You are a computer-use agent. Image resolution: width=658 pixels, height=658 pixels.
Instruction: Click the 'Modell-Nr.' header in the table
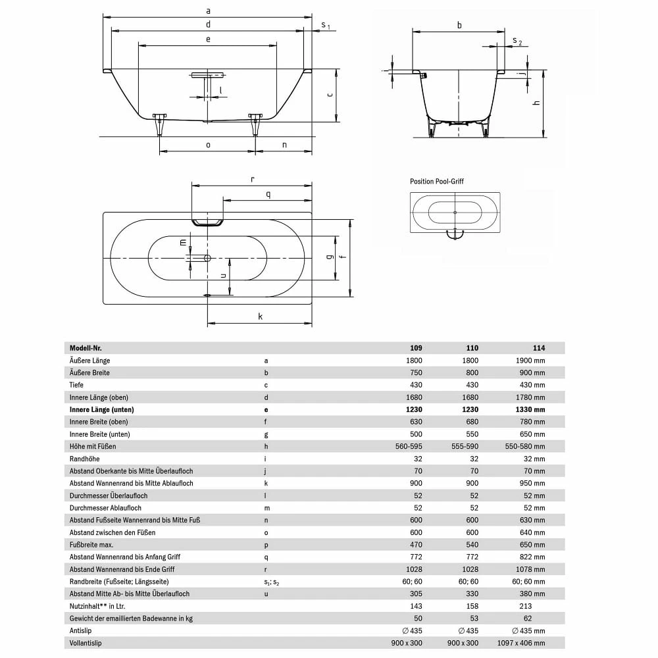(x=86, y=348)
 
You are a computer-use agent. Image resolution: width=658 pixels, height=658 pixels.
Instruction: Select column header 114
(x=539, y=348)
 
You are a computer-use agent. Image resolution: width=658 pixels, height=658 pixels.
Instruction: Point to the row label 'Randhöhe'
(x=84, y=459)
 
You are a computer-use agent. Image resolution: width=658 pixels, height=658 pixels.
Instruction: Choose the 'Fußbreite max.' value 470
(x=417, y=545)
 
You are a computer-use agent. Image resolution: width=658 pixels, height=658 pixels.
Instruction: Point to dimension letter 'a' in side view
(x=208, y=11)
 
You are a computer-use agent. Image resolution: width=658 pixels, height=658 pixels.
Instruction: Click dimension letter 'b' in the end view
(x=459, y=25)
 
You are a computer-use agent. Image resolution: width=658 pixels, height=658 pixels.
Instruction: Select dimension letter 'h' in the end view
(x=536, y=103)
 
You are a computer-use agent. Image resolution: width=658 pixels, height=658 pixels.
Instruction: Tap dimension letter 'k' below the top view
(x=260, y=316)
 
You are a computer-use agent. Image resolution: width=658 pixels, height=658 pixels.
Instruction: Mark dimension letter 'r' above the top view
(x=253, y=178)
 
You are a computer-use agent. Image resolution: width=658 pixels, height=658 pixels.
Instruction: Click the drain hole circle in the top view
(x=207, y=258)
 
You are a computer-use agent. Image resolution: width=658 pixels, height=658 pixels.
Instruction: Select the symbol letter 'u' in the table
(x=266, y=594)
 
